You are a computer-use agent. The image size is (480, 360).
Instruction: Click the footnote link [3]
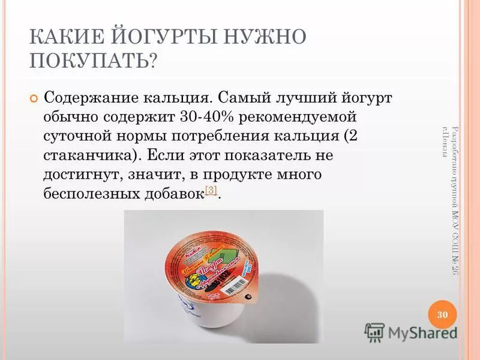(x=211, y=190)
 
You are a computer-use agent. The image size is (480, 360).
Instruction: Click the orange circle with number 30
(x=443, y=315)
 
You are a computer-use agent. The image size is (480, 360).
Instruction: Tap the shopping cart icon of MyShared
(x=374, y=332)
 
